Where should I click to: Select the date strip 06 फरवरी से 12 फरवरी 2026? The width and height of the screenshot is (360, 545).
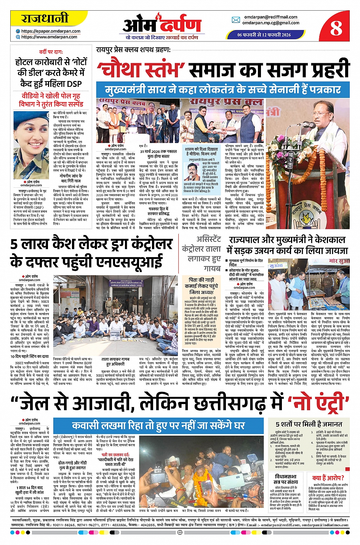(264, 35)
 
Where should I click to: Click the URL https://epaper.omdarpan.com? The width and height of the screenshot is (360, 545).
(51, 31)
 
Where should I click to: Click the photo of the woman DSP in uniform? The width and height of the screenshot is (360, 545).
(31, 145)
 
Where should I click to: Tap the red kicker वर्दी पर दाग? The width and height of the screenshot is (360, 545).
(50, 52)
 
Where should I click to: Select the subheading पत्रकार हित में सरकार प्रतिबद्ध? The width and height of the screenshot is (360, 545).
(158, 211)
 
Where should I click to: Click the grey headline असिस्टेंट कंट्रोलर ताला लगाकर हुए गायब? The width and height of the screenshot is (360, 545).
(202, 253)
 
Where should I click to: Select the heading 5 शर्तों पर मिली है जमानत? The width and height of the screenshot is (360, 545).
(309, 424)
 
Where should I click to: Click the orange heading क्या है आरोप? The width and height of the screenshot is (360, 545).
(328, 478)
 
